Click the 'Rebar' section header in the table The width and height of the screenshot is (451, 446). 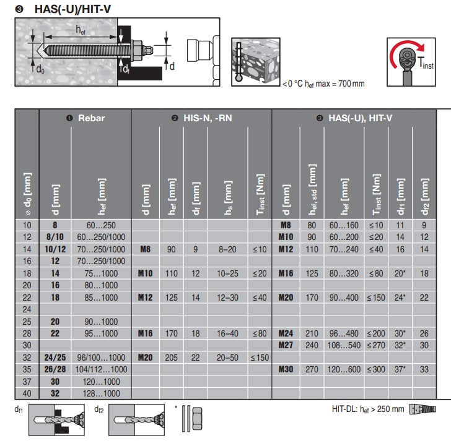click(x=85, y=118)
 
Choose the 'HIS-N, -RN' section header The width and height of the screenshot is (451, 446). click(x=202, y=118)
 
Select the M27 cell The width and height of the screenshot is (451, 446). click(x=286, y=345)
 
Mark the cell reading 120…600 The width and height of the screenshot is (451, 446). click(x=345, y=370)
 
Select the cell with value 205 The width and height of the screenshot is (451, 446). click(x=172, y=358)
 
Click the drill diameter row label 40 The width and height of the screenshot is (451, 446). click(x=27, y=394)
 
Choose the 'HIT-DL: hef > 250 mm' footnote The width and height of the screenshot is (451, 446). click(x=367, y=409)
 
